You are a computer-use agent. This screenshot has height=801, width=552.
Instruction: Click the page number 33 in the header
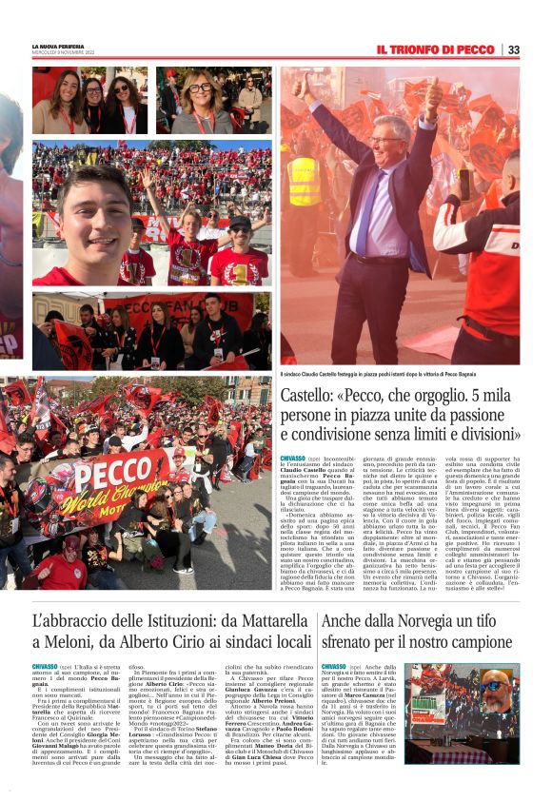click(513, 49)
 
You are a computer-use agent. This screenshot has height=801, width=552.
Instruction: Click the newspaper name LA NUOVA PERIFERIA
click(58, 46)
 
